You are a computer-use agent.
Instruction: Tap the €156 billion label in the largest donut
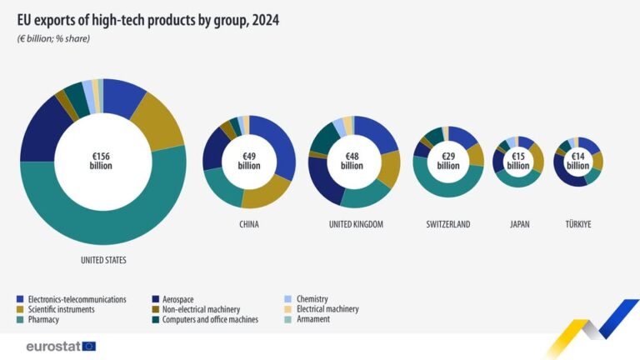(101, 160)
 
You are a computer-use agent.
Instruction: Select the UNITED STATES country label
(103, 260)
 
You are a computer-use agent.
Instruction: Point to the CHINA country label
(248, 224)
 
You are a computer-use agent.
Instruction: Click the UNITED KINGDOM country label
(355, 224)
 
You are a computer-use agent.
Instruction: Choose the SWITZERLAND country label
(448, 224)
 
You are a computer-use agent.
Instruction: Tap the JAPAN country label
(518, 224)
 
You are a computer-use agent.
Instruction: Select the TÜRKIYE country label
(578, 224)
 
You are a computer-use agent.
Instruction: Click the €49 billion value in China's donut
(248, 161)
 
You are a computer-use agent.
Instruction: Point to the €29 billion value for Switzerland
(448, 161)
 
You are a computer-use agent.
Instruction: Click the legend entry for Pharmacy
(43, 319)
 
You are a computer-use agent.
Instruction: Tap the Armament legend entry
(313, 319)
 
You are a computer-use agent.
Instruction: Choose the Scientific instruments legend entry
(61, 309)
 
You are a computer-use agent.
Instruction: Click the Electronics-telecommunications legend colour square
(20, 299)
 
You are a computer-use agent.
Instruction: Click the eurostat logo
(61, 346)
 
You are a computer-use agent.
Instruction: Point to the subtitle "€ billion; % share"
(53, 39)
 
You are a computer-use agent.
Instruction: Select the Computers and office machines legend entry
(210, 319)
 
